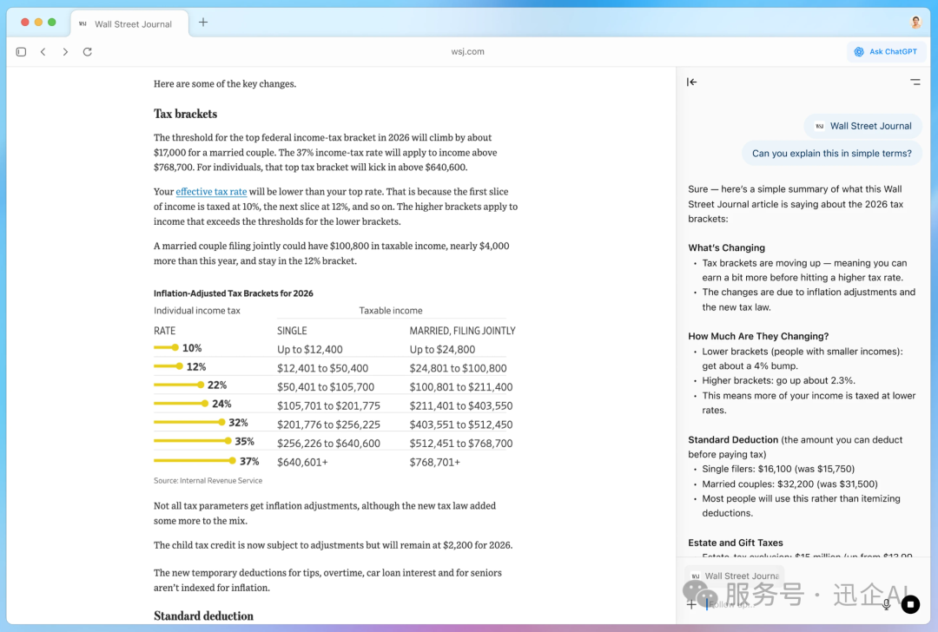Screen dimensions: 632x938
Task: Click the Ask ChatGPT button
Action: pos(886,52)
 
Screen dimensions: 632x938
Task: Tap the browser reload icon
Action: pos(87,52)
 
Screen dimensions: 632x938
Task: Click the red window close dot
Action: pos(24,22)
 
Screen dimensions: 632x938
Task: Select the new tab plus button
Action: pos(203,23)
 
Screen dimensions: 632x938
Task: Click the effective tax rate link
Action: pos(211,192)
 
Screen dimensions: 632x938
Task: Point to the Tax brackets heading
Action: pos(185,114)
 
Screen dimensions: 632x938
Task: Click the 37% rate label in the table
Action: pos(249,461)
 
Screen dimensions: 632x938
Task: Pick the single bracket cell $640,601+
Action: pos(302,462)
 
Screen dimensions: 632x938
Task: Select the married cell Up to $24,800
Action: pos(442,350)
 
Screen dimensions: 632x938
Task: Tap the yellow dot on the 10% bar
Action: pos(175,348)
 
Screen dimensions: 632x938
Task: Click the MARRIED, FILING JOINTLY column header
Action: pos(462,331)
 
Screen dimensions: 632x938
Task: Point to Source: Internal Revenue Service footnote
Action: pos(208,480)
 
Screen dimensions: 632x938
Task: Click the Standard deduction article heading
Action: pos(203,616)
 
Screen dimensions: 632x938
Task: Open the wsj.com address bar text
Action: pos(468,52)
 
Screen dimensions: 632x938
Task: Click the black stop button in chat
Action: pos(910,603)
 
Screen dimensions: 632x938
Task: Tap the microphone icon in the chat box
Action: pos(887,604)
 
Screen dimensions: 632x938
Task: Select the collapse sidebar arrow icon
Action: pos(691,82)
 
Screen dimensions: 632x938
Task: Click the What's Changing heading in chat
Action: pos(726,247)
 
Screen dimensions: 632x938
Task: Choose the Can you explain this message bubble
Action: pos(831,154)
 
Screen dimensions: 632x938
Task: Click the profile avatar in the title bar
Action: pos(916,23)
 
